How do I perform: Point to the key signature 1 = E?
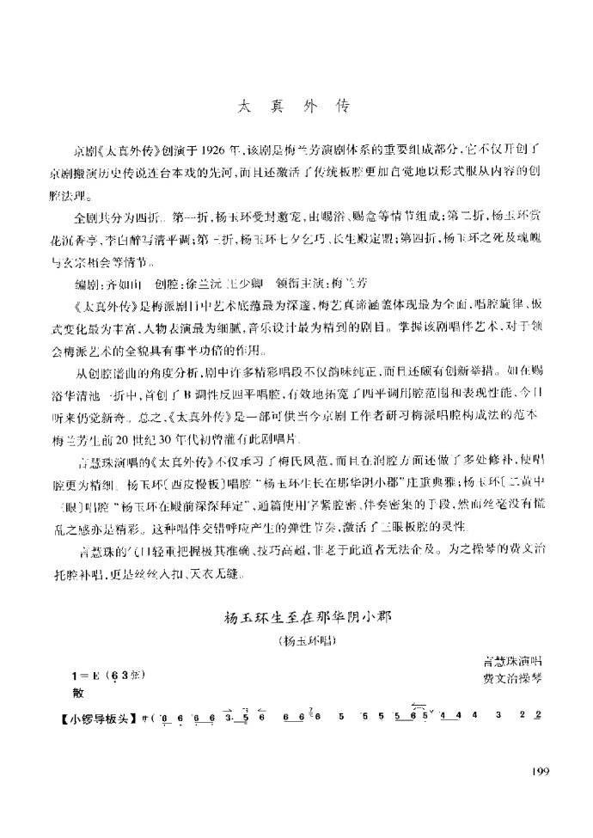(x=89, y=673)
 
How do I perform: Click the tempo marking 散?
(x=78, y=690)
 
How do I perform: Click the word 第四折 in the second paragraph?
(x=413, y=236)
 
